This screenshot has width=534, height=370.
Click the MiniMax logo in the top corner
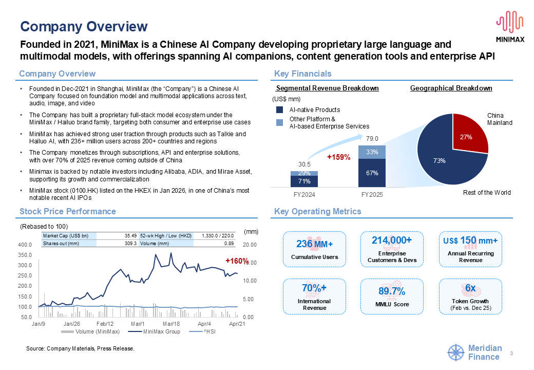pos(510,26)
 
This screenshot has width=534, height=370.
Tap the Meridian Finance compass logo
pos(455,353)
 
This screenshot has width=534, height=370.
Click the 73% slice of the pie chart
pos(443,157)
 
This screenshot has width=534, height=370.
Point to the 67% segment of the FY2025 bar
pos(372,173)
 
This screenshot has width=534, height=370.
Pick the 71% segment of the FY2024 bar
pos(304,181)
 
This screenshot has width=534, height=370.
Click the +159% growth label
pos(338,157)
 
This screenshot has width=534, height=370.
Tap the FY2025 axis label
pos(372,195)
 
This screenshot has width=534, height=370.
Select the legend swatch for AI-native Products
pos(280,109)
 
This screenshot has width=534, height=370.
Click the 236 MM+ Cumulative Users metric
pos(314,249)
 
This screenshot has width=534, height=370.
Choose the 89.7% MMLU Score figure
pos(392,291)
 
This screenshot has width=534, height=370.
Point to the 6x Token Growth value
pos(470,288)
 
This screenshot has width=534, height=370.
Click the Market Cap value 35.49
pos(130,236)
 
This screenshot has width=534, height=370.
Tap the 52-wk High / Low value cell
pos(218,236)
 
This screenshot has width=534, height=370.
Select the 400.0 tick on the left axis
pos(25,245)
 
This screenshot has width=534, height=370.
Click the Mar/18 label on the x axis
pos(171,324)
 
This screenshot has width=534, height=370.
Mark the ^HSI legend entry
pos(202,331)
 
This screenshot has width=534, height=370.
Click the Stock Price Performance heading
pos(68,212)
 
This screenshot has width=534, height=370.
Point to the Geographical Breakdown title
pos(451,88)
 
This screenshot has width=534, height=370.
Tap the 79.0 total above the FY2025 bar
pos(372,139)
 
